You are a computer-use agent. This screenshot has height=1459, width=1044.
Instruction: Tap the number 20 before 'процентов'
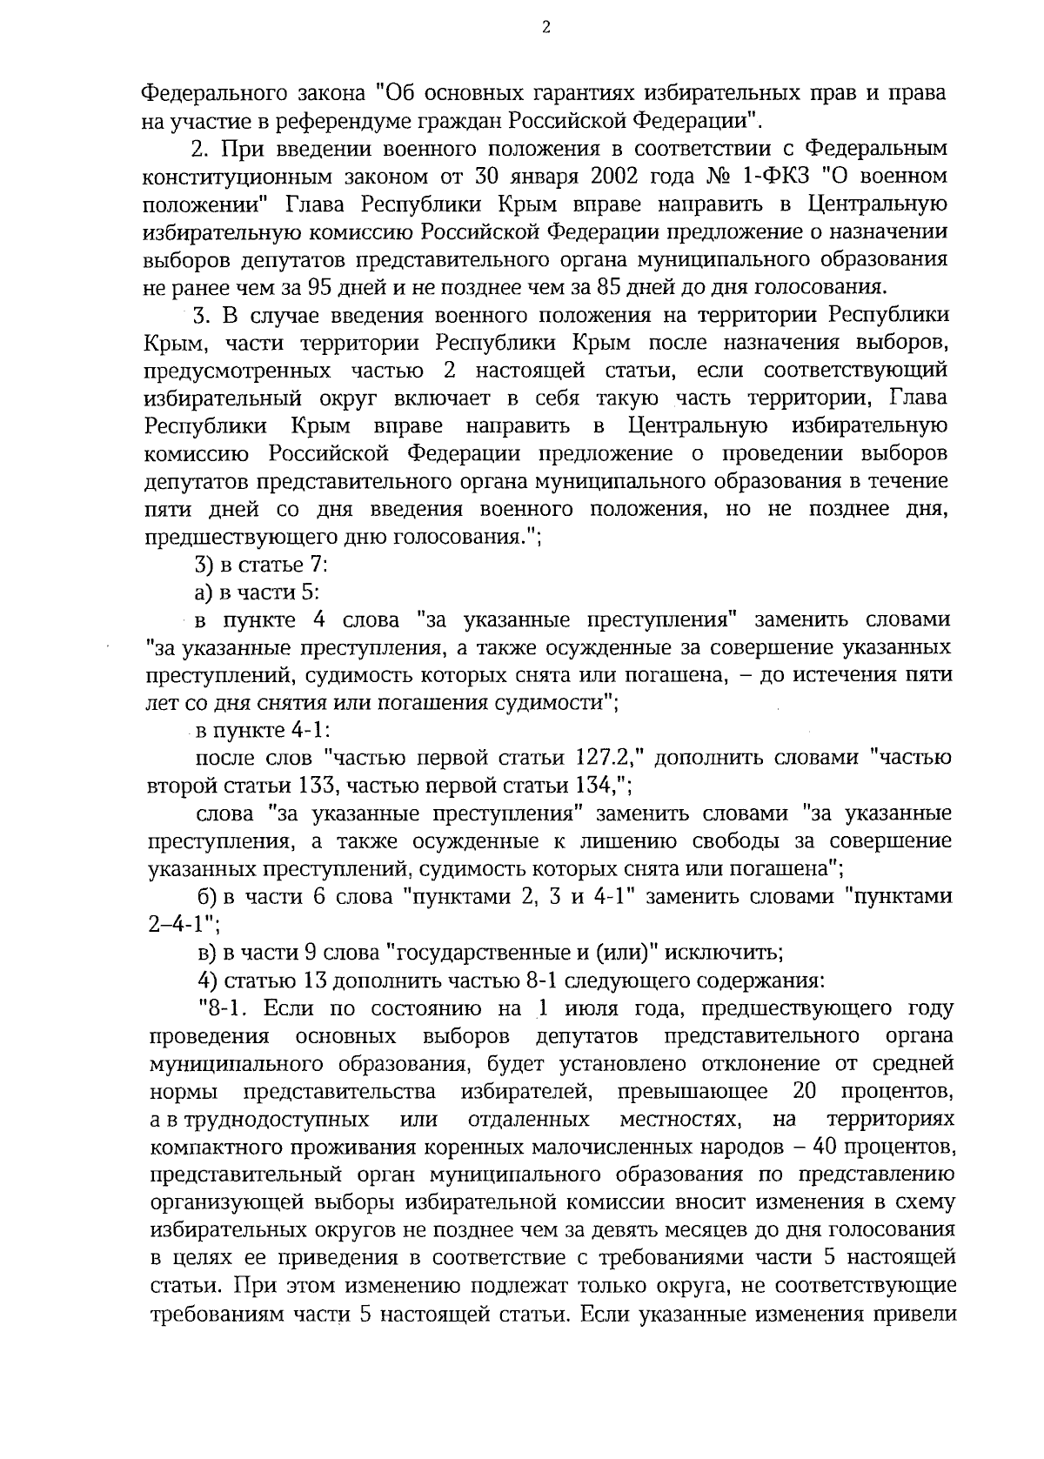click(x=805, y=1091)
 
